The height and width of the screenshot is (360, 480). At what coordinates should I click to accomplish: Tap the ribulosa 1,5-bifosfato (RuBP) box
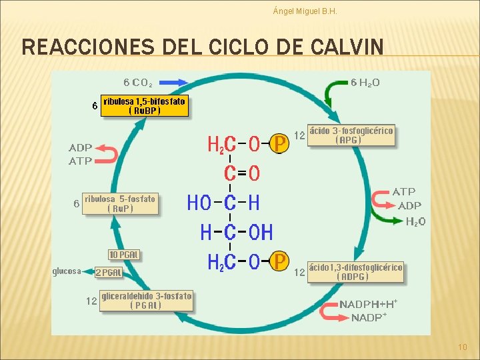[x=144, y=106]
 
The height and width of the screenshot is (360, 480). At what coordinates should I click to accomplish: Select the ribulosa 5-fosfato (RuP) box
[x=121, y=203]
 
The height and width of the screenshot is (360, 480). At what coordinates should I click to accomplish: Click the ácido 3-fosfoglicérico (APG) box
[x=350, y=135]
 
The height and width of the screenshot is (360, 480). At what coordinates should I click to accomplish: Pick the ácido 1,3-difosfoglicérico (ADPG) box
[x=355, y=271]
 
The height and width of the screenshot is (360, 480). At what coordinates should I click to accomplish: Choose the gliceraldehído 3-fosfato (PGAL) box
[x=146, y=301]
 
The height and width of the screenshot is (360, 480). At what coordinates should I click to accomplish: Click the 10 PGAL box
[x=124, y=255]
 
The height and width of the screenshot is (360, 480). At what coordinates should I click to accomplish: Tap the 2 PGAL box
[x=109, y=272]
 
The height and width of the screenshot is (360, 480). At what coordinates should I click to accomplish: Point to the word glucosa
[x=67, y=271]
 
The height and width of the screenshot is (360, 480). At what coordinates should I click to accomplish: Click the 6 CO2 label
[x=138, y=83]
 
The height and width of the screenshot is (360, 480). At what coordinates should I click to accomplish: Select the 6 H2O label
[x=365, y=83]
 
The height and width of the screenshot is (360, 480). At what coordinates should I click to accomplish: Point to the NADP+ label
[x=369, y=317]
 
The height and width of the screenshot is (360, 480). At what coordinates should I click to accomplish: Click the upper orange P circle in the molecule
[x=280, y=143]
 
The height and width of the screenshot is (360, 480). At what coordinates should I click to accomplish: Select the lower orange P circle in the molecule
[x=280, y=261]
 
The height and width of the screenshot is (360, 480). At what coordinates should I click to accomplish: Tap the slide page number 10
[x=463, y=347]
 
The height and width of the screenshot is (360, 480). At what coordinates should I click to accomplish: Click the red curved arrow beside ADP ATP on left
[x=107, y=155]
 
